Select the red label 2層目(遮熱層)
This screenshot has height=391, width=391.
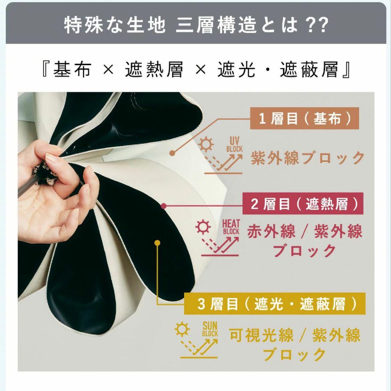click(x=307, y=205)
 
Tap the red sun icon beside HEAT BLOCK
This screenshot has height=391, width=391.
click(x=203, y=227)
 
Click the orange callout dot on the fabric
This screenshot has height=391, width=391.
click(x=172, y=153)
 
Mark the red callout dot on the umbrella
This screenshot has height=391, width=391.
click(x=163, y=206)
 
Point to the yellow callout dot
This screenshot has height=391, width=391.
click(x=157, y=243)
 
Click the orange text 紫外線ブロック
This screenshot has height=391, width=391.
click(x=308, y=158)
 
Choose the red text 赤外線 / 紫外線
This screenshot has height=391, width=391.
click(x=304, y=231)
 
